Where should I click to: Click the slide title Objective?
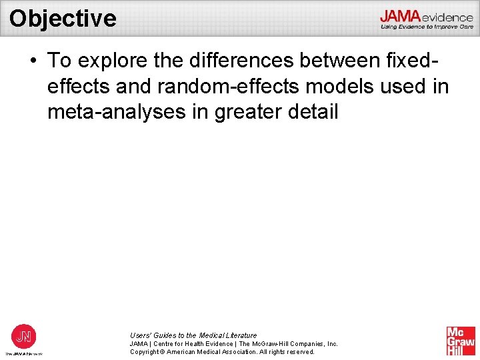tap(63, 18)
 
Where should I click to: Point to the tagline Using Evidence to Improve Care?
tap(427, 27)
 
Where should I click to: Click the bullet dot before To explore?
tap(33, 61)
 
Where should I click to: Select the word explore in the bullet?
tap(110, 61)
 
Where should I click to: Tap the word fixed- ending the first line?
tap(413, 61)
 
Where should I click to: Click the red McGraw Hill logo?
tap(461, 341)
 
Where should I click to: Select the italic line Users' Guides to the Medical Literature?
tap(193, 335)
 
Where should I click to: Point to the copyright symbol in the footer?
tap(163, 352)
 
